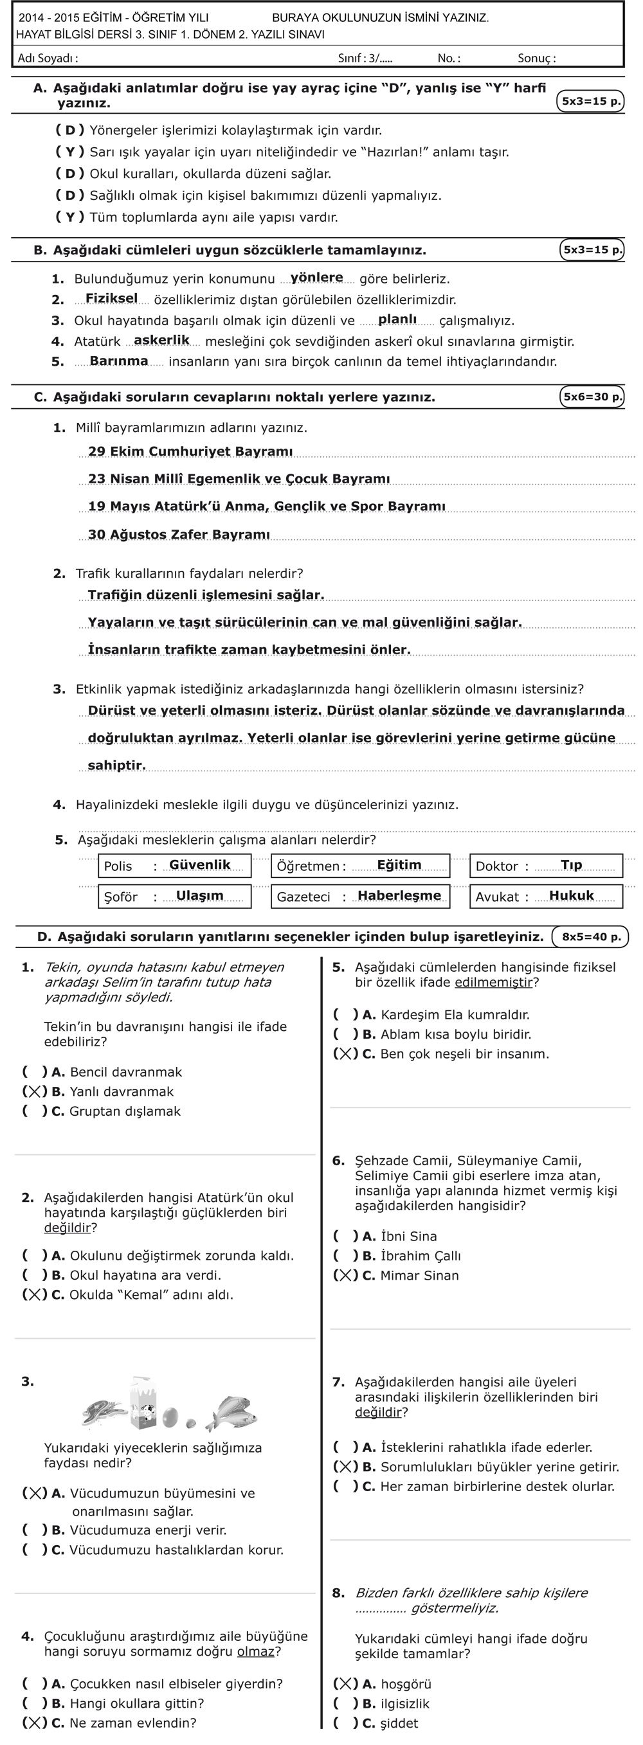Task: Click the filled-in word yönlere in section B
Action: click(316, 278)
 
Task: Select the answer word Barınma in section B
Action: click(118, 361)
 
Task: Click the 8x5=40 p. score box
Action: click(591, 937)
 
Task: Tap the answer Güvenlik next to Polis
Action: click(200, 865)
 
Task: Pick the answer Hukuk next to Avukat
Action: click(571, 895)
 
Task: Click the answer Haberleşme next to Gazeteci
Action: click(399, 895)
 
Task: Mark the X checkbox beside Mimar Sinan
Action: click(345, 1276)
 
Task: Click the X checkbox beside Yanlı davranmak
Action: click(35, 1091)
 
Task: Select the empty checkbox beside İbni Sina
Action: click(345, 1236)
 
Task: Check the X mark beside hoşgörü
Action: click(345, 1684)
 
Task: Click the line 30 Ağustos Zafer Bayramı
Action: click(179, 535)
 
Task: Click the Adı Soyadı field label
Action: click(48, 58)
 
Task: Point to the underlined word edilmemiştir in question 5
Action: click(494, 982)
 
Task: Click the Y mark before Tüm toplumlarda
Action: click(71, 217)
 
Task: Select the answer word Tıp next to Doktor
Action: click(571, 865)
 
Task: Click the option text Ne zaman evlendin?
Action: click(133, 1723)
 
